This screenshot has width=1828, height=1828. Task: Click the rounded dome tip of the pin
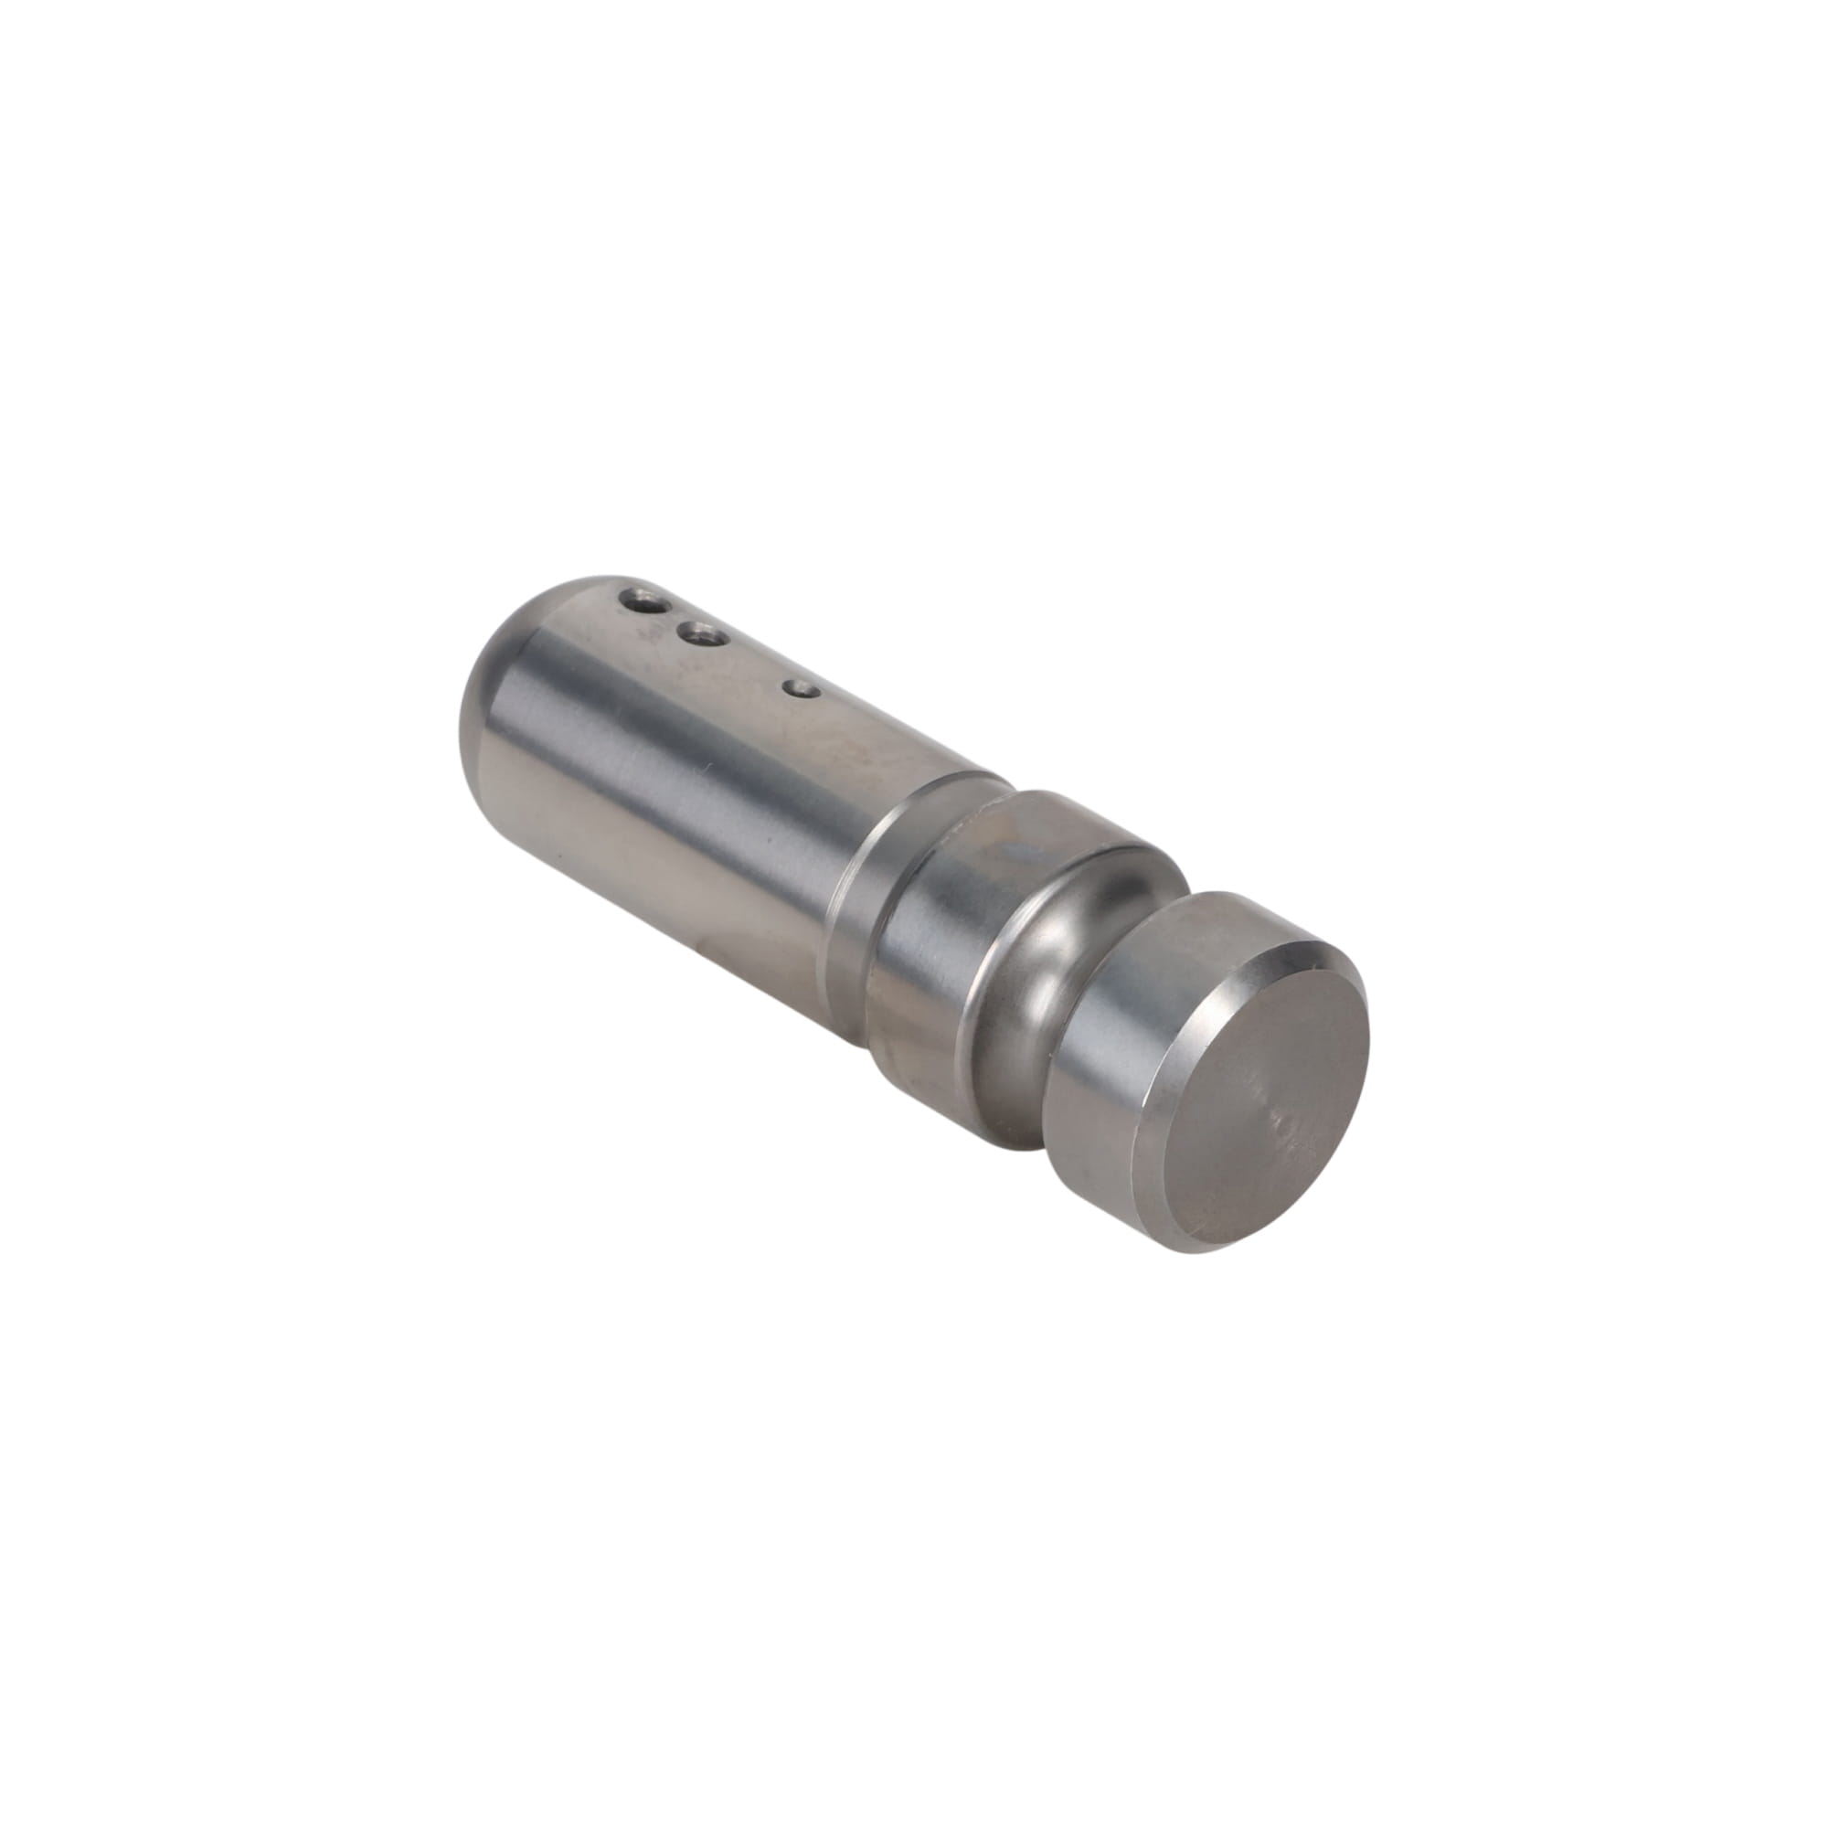[492, 681]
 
